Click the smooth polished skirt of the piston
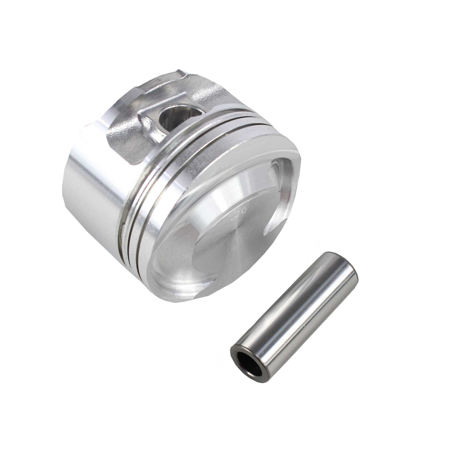tap(89, 186)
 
